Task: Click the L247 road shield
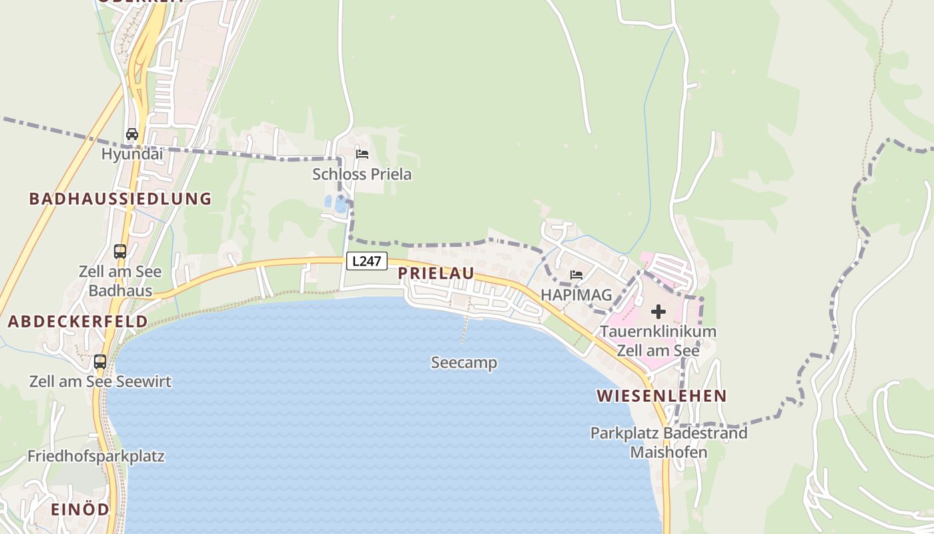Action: [366, 261]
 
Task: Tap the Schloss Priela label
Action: [362, 174]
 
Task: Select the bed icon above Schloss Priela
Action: [362, 154]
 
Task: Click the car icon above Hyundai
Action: [132, 134]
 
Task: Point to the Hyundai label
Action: [132, 154]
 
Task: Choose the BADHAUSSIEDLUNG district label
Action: [120, 198]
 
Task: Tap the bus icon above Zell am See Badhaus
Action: [120, 252]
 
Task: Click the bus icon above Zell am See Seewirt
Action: [100, 362]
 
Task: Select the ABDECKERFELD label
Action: [78, 321]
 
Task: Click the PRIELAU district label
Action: [436, 273]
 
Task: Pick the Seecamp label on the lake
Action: [464, 362]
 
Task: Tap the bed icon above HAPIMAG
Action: [576, 274]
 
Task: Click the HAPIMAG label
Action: [576, 294]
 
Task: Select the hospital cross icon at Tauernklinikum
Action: [658, 312]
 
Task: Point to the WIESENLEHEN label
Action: [662, 396]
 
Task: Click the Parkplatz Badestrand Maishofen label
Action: [668, 443]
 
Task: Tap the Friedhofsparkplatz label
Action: [95, 457]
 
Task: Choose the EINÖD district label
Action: [80, 509]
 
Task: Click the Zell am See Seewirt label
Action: [100, 382]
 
